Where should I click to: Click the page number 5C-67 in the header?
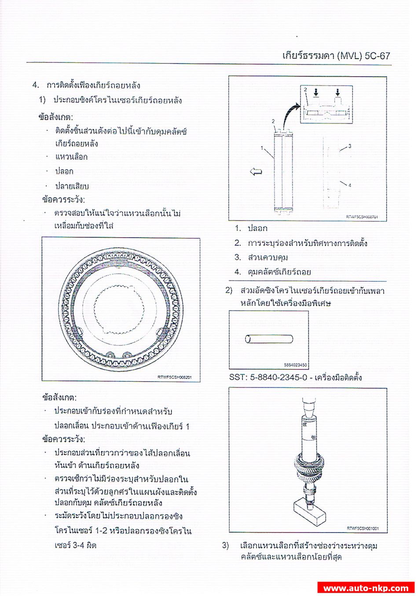click(377, 56)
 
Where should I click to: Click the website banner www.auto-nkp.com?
click(366, 588)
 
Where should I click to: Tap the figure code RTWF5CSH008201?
click(174, 377)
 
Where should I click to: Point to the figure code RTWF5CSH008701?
click(362, 217)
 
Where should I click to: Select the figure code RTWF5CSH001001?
click(363, 528)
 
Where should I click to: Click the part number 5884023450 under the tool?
click(296, 365)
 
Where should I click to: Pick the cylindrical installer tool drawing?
click(269, 339)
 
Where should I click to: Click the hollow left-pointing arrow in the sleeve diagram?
click(256, 172)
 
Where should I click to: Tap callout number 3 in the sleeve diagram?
click(350, 146)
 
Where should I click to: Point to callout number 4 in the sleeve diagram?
click(350, 185)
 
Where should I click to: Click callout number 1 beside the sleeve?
click(262, 148)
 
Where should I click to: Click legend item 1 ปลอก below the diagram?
click(257, 228)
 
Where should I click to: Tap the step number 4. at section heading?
click(36, 85)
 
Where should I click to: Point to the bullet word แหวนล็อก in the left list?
click(71, 157)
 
